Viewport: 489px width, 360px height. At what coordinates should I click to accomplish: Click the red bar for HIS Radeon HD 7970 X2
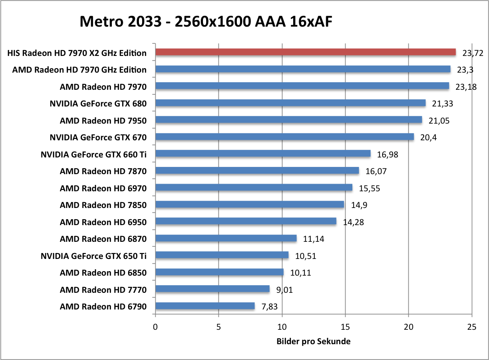pos(305,52)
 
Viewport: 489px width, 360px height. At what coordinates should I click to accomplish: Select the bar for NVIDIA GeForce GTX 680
pos(291,103)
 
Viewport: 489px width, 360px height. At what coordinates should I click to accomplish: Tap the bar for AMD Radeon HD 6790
pos(205,306)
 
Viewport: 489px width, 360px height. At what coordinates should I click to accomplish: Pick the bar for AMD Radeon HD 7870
pos(257,171)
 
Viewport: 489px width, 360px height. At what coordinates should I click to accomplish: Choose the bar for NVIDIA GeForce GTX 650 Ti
pos(222,255)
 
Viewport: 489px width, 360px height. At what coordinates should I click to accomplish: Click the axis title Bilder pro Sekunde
pos(313,342)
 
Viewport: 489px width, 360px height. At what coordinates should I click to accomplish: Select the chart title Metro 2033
pos(206,21)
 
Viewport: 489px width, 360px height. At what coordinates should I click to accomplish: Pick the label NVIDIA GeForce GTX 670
pos(98,137)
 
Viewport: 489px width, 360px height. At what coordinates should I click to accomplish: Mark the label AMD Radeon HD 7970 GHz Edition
pos(79,69)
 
